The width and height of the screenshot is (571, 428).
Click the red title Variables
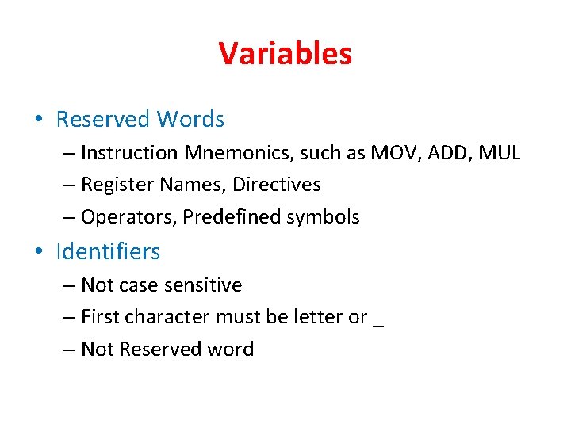coord(285,54)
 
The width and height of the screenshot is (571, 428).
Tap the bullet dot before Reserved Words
coord(39,120)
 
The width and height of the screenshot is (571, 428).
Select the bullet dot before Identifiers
coord(39,253)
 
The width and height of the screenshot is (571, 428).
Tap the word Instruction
coord(130,152)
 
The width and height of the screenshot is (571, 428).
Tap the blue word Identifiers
coord(108,252)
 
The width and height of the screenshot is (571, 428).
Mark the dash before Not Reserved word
coord(70,350)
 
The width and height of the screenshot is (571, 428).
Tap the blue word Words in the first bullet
coord(190,120)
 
